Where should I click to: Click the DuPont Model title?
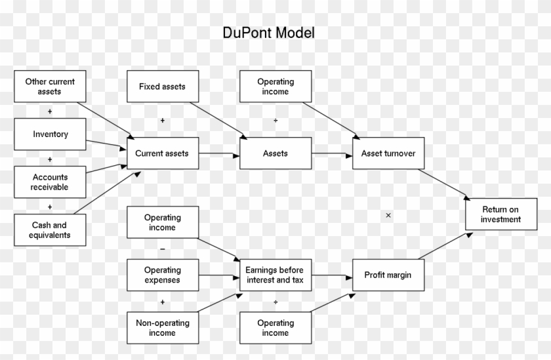point(268,33)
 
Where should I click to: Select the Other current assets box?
point(50,87)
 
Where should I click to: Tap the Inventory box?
point(50,134)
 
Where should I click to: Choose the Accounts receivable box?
point(50,182)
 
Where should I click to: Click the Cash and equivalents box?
point(50,230)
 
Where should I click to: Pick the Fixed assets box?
point(162,87)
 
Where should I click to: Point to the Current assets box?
point(162,153)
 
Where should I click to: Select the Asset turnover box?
point(388,153)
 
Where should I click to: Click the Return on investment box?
point(500,214)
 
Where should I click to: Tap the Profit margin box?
point(388,275)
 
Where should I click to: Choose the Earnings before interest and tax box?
point(275,275)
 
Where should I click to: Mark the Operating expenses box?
point(162,275)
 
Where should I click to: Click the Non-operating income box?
point(162,328)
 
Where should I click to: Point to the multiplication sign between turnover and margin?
point(388,215)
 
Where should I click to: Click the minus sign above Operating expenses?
point(162,249)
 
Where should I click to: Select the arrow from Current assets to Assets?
point(219,154)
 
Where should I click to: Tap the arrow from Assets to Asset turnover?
point(331,154)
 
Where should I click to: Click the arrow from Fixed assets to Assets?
point(218,120)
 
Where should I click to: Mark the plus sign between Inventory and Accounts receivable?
point(50,159)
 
